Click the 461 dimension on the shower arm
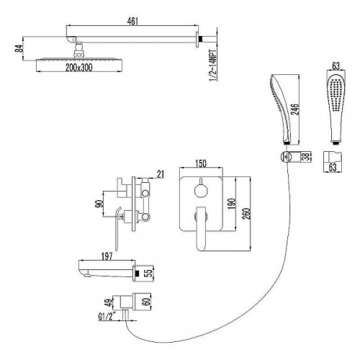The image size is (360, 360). [132, 22]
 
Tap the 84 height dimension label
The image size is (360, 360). [19, 48]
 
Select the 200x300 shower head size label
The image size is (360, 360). [78, 68]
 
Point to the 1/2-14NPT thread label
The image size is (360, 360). [213, 66]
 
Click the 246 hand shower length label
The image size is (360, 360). [296, 109]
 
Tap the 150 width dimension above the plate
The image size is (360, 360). [201, 163]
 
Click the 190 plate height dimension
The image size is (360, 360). [231, 204]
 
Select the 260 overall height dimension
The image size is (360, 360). [246, 214]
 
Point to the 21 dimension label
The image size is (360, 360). [161, 174]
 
